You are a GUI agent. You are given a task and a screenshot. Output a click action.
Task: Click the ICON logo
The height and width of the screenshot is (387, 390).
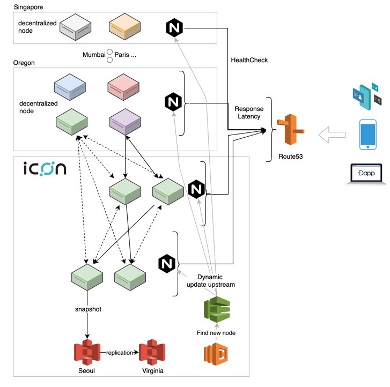(x=45, y=169)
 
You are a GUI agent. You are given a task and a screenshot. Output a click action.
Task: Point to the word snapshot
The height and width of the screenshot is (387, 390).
(x=87, y=309)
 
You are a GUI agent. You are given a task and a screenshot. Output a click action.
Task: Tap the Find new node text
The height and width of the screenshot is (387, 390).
(x=217, y=333)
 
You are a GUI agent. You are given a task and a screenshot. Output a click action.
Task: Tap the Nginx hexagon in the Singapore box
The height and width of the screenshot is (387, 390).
(x=174, y=27)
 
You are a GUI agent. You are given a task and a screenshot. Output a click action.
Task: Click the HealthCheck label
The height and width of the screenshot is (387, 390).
(x=248, y=60)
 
